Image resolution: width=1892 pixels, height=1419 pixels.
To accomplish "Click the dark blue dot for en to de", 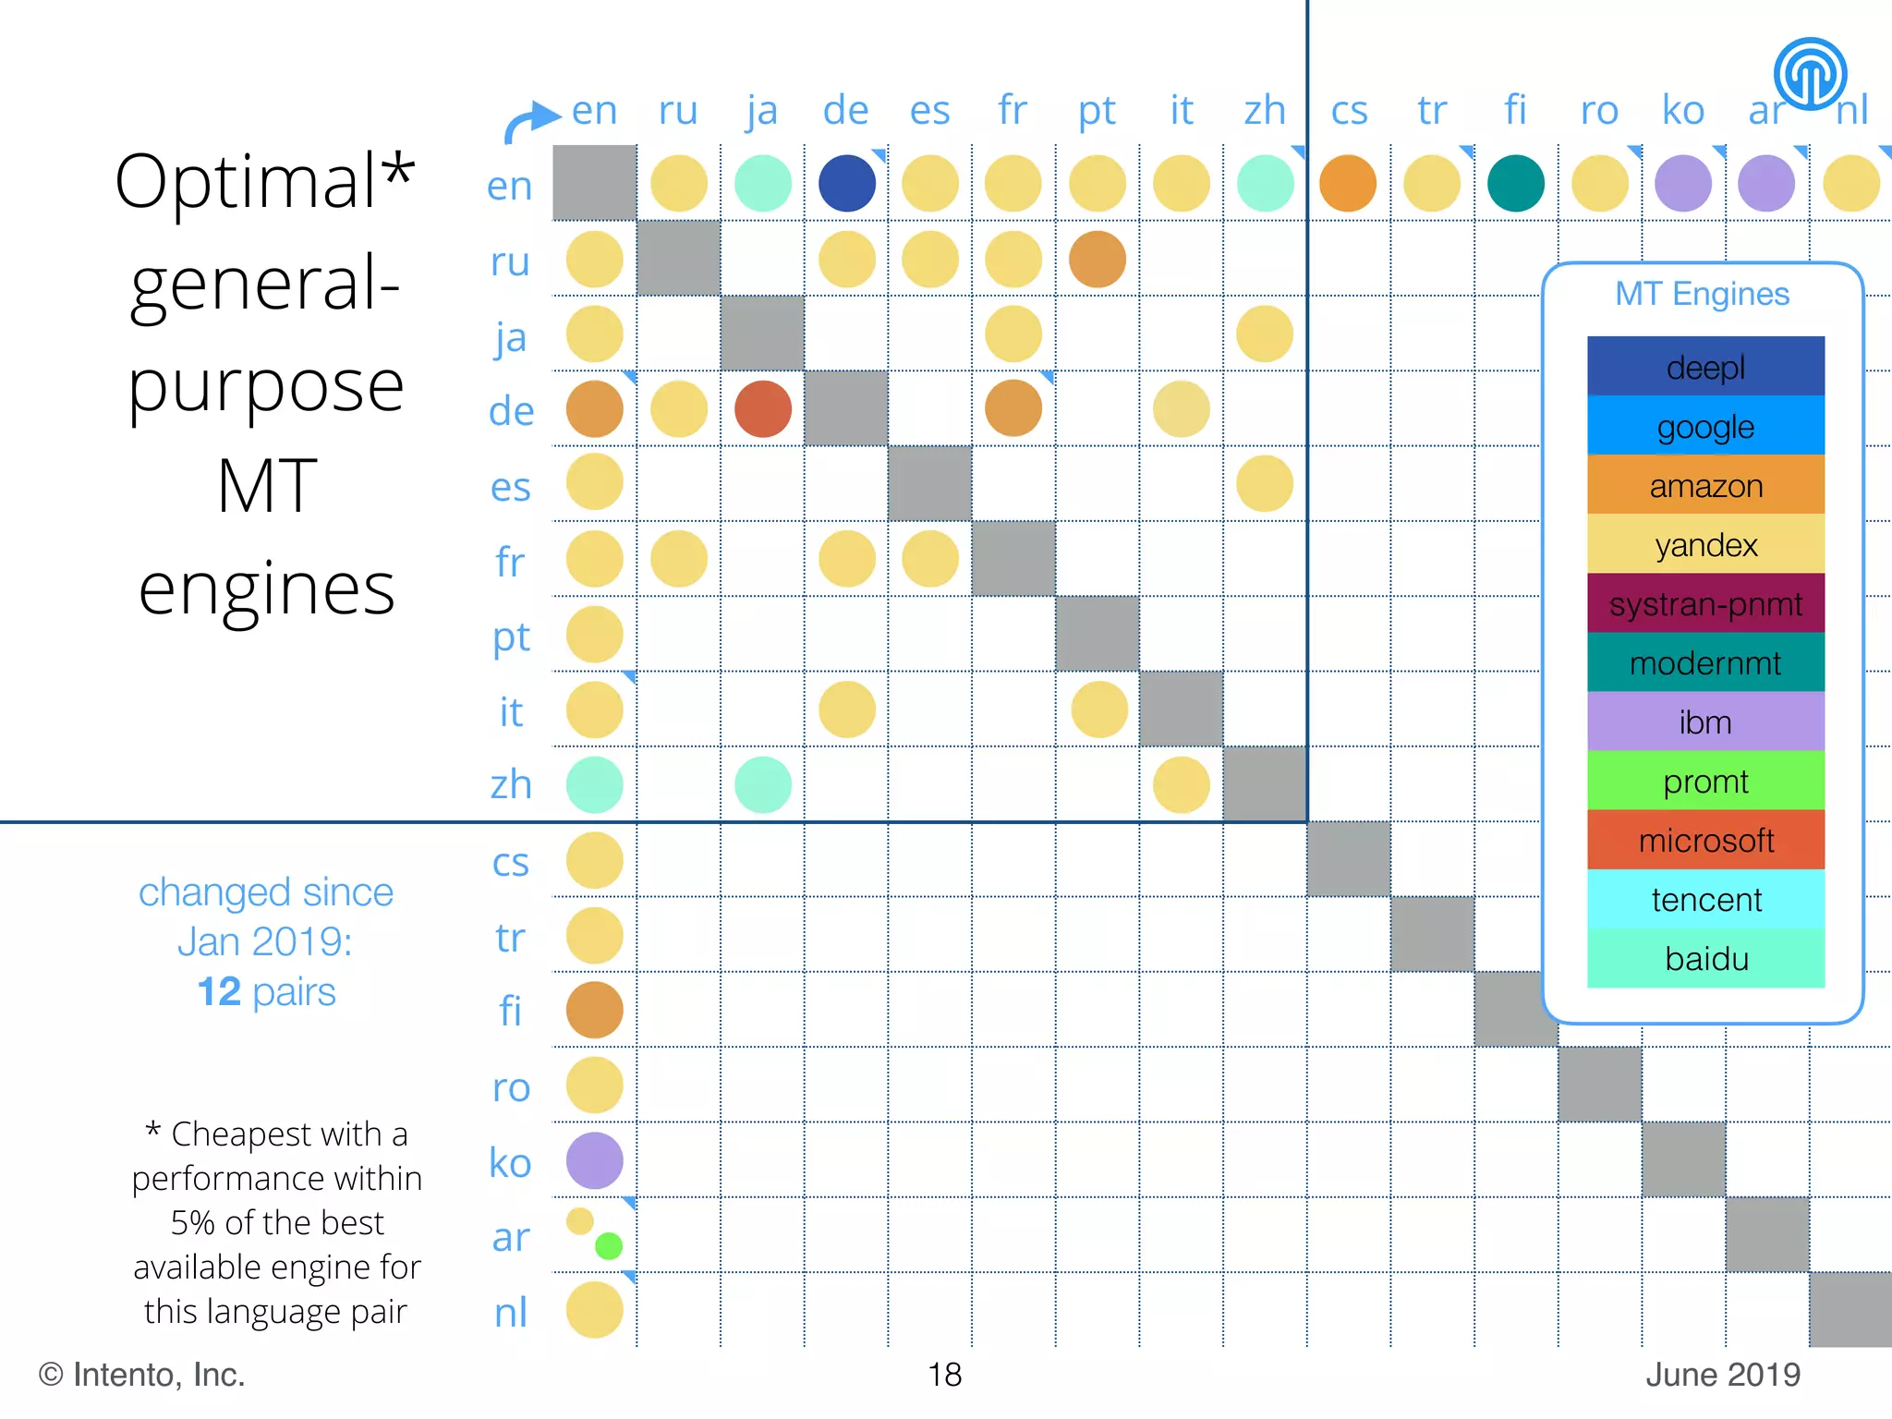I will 846,183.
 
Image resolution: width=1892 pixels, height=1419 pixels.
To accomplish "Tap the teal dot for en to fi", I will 1515,183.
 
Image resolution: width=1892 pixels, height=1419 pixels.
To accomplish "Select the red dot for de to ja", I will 762,408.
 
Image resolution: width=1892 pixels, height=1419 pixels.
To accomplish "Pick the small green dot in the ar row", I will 609,1245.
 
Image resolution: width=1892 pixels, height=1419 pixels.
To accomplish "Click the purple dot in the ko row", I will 594,1160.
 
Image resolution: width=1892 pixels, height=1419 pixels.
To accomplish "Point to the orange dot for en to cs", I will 1348,183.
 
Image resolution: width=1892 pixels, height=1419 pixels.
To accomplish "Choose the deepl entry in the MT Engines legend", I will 1705,367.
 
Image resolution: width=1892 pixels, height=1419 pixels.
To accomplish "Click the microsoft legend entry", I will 1705,840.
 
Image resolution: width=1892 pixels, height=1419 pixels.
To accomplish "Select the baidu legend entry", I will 1705,958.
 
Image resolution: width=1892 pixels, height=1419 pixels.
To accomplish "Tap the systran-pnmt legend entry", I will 1705,603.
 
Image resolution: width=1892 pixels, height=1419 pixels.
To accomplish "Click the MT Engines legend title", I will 1702,294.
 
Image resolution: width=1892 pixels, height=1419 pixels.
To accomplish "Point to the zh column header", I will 1265,111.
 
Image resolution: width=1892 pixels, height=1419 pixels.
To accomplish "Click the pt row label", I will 511,637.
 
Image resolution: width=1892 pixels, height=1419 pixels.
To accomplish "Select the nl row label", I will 511,1312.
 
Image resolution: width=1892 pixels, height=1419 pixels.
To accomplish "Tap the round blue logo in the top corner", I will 1810,74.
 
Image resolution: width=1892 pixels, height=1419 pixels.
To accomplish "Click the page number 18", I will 944,1375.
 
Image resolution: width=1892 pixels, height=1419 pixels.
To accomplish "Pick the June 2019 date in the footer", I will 1723,1375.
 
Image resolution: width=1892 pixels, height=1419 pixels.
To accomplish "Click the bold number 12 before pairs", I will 219,992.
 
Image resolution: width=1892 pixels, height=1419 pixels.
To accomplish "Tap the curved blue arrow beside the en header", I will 530,124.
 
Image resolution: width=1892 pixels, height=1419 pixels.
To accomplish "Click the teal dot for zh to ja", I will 762,784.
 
